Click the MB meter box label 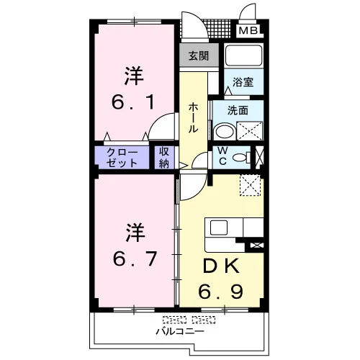pos(248,30)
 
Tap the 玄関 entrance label pos(199,55)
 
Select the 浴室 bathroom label pos(243,82)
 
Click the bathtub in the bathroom pos(243,55)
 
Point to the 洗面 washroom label pos(238,110)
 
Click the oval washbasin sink pos(225,132)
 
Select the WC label pos(222,156)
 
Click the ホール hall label pos(193,117)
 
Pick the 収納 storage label pos(164,158)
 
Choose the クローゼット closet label pos(122,158)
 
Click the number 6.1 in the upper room pos(133,102)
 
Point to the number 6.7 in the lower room pos(135,259)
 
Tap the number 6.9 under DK pos(220,292)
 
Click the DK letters pos(221,266)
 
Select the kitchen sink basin pos(219,228)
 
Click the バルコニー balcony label pos(180,331)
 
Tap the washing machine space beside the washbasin pos(250,131)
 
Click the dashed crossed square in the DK pos(251,185)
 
